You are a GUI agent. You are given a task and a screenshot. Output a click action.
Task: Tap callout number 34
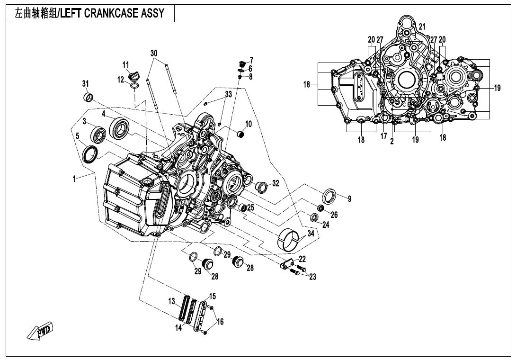tap(311, 234)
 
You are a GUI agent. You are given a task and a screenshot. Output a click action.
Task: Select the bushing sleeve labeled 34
tap(289, 238)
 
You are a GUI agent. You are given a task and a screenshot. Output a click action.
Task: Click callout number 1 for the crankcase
tap(74, 179)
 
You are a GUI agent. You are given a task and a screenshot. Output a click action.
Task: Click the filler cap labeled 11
tap(134, 77)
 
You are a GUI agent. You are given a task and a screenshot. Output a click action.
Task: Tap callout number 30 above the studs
tap(154, 54)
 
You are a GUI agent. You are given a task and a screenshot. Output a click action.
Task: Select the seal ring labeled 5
tap(89, 153)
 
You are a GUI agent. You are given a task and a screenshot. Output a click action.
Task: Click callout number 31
tap(85, 84)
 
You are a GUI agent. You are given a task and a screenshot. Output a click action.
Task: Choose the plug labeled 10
tap(241, 135)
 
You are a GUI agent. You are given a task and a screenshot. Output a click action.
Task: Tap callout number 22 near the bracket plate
tap(302, 259)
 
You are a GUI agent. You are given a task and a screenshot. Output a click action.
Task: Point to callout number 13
tap(172, 301)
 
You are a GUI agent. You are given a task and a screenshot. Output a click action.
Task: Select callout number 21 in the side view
tap(422, 27)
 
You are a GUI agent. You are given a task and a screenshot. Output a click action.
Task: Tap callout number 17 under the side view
tap(384, 136)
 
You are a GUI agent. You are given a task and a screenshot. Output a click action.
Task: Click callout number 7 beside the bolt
tap(251, 60)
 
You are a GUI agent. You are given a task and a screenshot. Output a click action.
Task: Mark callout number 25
tap(251, 207)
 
